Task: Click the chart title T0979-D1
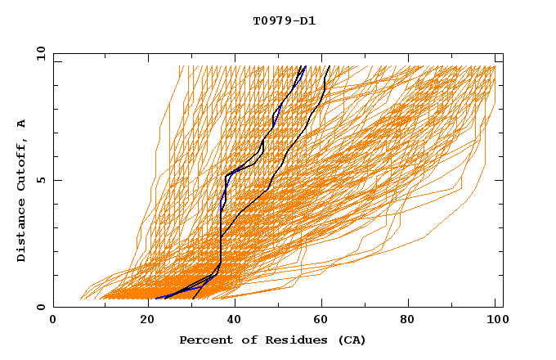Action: click(284, 21)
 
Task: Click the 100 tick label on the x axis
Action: click(495, 320)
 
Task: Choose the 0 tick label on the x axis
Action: click(53, 320)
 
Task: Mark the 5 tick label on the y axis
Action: click(40, 180)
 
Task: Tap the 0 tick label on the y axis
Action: click(40, 307)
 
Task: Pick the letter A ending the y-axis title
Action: click(21, 124)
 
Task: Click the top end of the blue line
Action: click(304, 66)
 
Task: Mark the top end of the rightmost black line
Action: click(328, 66)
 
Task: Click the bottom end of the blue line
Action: click(155, 298)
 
